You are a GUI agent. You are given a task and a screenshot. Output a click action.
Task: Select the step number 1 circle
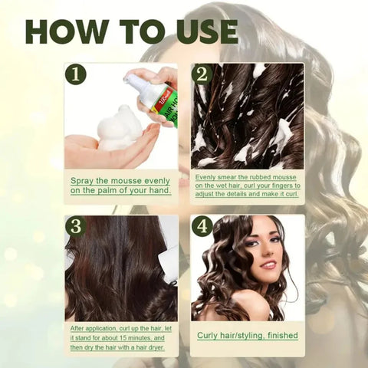pyautogui.click(x=75, y=74)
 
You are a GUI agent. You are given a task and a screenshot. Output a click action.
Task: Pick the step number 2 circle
pyautogui.click(x=202, y=74)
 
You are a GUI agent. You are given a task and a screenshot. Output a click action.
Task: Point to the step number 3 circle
pyautogui.click(x=75, y=225)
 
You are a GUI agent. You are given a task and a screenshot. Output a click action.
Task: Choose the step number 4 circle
pyautogui.click(x=202, y=226)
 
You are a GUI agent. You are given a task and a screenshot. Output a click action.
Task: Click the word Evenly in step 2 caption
pyautogui.click(x=208, y=176)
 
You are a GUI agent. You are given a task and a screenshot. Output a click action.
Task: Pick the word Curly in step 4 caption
pyautogui.click(x=210, y=336)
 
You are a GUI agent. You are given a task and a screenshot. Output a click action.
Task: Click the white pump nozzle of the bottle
pyautogui.click(x=137, y=79)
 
